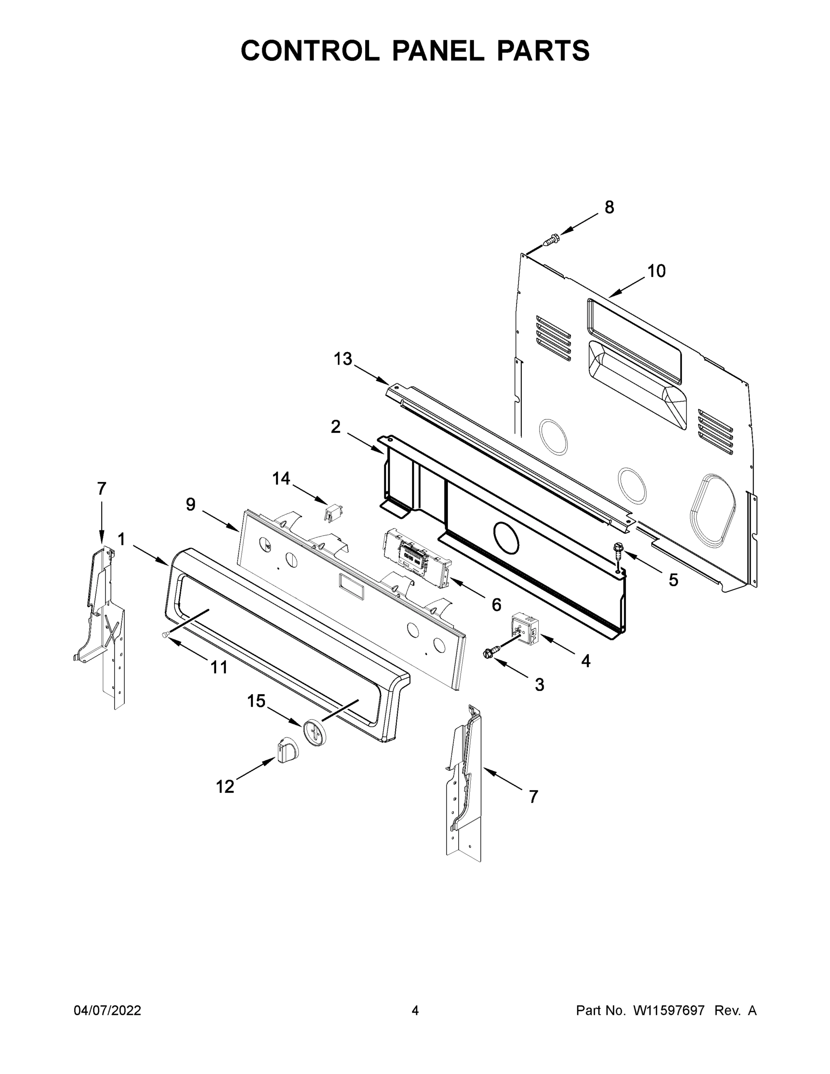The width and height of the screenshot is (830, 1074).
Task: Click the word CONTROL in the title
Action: tap(310, 51)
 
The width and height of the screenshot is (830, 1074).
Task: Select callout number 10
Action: tap(656, 271)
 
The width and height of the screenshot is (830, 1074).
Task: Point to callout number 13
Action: tap(343, 359)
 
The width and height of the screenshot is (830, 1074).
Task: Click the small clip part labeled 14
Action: tap(333, 513)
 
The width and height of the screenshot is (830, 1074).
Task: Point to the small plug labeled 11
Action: tap(166, 635)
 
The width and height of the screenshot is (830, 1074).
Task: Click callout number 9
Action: tap(191, 504)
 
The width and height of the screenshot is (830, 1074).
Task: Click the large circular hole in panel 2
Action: tap(506, 537)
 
